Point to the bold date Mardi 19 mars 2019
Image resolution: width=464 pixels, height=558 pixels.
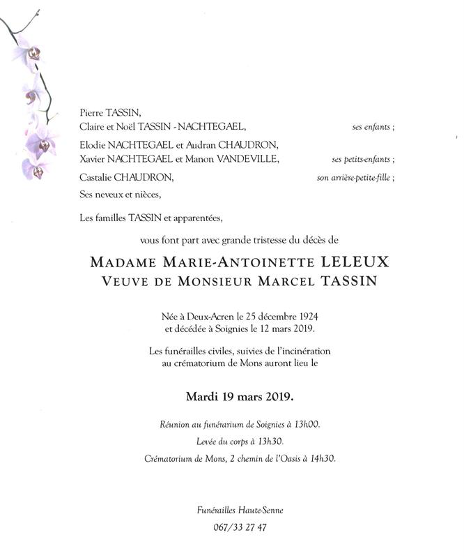tap(240, 398)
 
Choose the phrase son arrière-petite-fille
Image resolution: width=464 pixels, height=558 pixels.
tap(355, 178)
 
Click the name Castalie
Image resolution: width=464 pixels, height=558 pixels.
tap(96, 177)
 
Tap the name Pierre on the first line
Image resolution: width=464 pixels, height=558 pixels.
tap(92, 112)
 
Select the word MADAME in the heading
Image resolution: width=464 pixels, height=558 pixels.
tap(123, 264)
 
